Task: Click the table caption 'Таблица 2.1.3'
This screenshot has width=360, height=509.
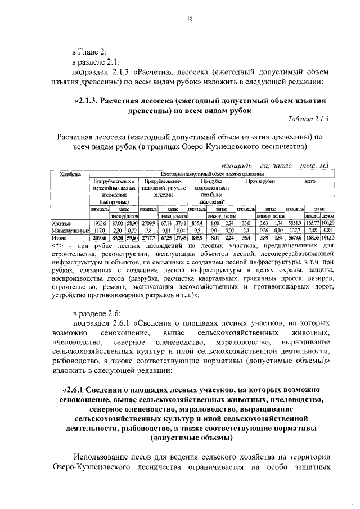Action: pyautogui.click(x=308, y=119)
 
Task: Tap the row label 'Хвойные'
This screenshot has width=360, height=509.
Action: pyautogui.click(x=61, y=223)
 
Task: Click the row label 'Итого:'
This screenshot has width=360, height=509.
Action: pyautogui.click(x=59, y=237)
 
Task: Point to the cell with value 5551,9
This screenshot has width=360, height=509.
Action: pyautogui.click(x=294, y=223)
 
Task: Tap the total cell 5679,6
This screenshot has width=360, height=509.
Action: pyautogui.click(x=294, y=237)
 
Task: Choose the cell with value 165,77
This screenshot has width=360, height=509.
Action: pyautogui.click(x=313, y=223)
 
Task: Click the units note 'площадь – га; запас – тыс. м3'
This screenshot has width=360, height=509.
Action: pyautogui.click(x=274, y=165)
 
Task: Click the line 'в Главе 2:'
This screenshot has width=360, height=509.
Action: pyautogui.click(x=91, y=52)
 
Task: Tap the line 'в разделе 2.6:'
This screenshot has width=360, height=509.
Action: pyautogui.click(x=96, y=313)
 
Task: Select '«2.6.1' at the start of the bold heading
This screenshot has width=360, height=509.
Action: pyautogui.click(x=75, y=389)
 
